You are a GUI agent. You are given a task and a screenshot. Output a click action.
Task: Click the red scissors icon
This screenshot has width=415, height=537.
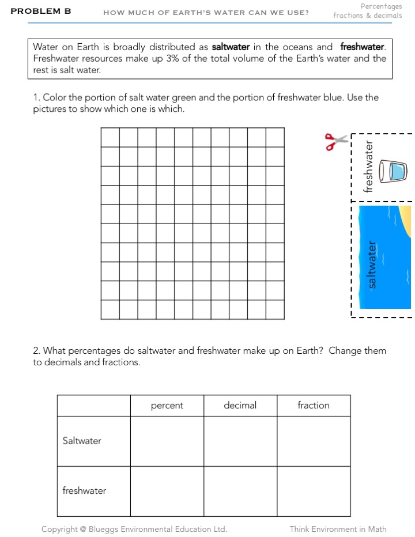tap(337, 141)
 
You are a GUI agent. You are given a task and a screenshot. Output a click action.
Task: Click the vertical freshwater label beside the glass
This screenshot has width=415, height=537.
tap(369, 167)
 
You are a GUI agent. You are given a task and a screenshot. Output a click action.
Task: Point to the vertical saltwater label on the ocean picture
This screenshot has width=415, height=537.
tap(372, 264)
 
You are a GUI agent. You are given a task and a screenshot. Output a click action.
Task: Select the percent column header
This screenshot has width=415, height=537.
tap(167, 406)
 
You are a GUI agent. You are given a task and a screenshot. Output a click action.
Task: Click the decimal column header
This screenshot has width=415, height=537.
tap(240, 406)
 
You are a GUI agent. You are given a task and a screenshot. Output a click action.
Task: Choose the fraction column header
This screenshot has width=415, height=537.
tap(314, 406)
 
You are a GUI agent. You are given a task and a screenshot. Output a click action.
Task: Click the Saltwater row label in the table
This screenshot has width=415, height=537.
tap(82, 441)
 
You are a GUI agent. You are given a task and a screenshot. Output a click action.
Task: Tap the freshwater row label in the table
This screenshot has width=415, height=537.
tap(85, 491)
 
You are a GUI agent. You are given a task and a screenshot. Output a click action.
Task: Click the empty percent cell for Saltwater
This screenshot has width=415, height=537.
tap(167, 441)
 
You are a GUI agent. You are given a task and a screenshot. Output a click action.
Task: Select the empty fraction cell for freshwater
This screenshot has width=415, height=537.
tap(314, 491)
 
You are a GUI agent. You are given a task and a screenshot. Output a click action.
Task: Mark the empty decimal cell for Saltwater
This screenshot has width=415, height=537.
tap(240, 441)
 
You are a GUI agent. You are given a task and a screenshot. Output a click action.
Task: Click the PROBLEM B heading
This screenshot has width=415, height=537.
tap(41, 11)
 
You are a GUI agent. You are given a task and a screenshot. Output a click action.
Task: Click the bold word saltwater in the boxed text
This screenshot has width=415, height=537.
tap(231, 47)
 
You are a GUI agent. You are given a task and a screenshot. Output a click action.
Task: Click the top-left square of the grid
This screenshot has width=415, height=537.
tap(110, 137)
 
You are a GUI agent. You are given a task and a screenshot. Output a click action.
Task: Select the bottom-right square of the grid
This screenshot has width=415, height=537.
tap(275, 309)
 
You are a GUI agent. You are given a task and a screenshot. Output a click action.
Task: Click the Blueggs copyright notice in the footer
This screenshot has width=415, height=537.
tap(134, 529)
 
